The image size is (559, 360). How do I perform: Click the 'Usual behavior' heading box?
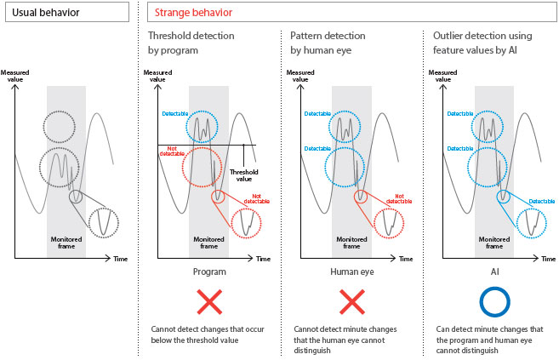click(66, 13)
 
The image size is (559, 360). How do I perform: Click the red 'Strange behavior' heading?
click(191, 13)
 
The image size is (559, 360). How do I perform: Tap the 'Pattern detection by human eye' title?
click(328, 43)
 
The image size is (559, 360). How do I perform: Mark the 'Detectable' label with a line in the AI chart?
click(541, 201)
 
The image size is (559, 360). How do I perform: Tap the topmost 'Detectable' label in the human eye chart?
click(317, 113)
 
